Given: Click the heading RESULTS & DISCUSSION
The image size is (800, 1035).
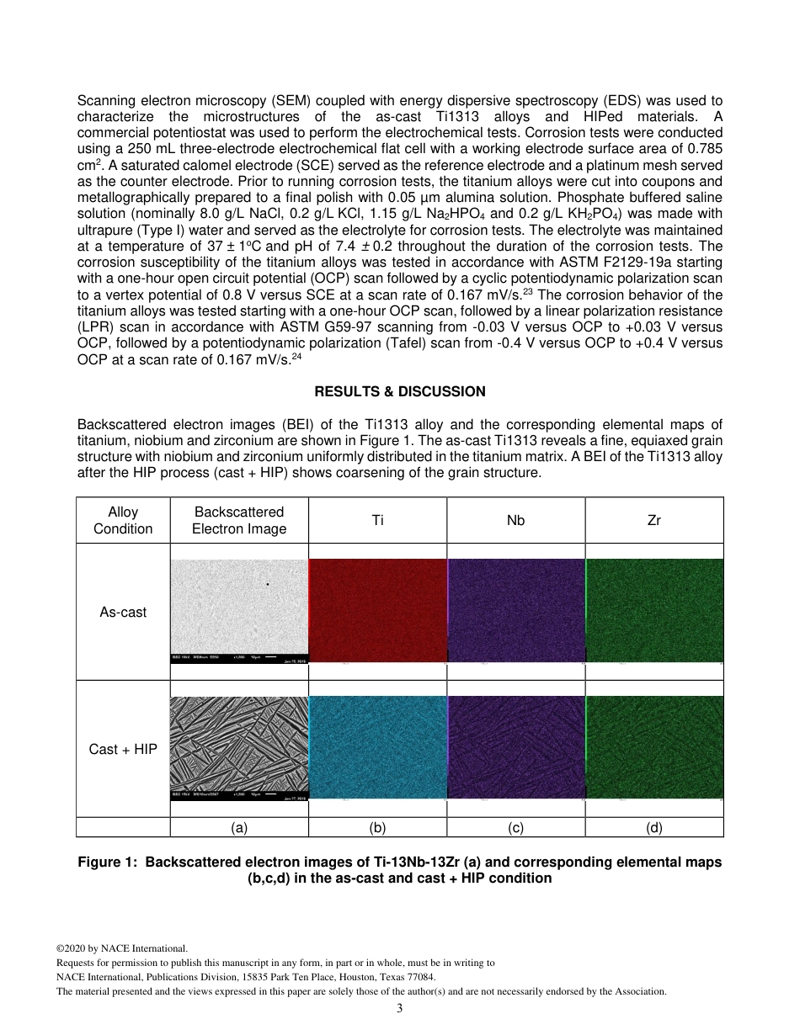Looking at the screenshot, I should [399, 391].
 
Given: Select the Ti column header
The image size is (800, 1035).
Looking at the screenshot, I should [377, 520].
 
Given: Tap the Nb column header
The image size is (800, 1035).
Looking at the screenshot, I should [515, 520].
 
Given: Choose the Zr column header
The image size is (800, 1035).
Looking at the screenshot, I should [653, 520].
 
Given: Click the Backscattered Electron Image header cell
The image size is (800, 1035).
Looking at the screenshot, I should [239, 520].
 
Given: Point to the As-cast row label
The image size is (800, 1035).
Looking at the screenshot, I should [123, 612].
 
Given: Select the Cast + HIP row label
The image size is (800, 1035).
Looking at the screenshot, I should [123, 749].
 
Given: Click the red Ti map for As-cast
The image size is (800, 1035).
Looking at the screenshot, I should [378, 610].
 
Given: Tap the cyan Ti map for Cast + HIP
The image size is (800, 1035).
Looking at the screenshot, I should [378, 747].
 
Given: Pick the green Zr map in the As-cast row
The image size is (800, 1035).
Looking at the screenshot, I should [654, 610].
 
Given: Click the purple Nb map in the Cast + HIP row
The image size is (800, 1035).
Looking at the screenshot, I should [516, 747].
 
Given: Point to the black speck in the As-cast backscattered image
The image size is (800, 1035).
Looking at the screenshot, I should [268, 583].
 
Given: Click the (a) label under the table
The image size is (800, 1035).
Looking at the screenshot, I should [239, 827].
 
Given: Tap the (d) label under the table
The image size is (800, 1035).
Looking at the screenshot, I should [653, 827].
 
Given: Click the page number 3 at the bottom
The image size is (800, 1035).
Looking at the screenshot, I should [399, 1008].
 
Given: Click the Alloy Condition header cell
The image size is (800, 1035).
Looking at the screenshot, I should [123, 520].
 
